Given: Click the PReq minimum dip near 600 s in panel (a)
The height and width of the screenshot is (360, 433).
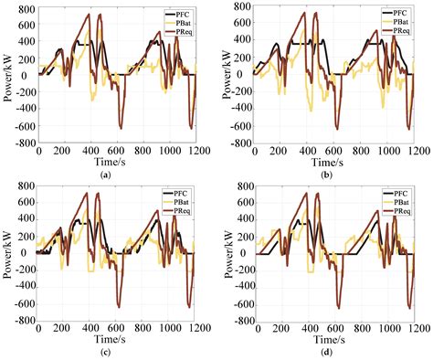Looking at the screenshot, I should [x=120, y=126].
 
